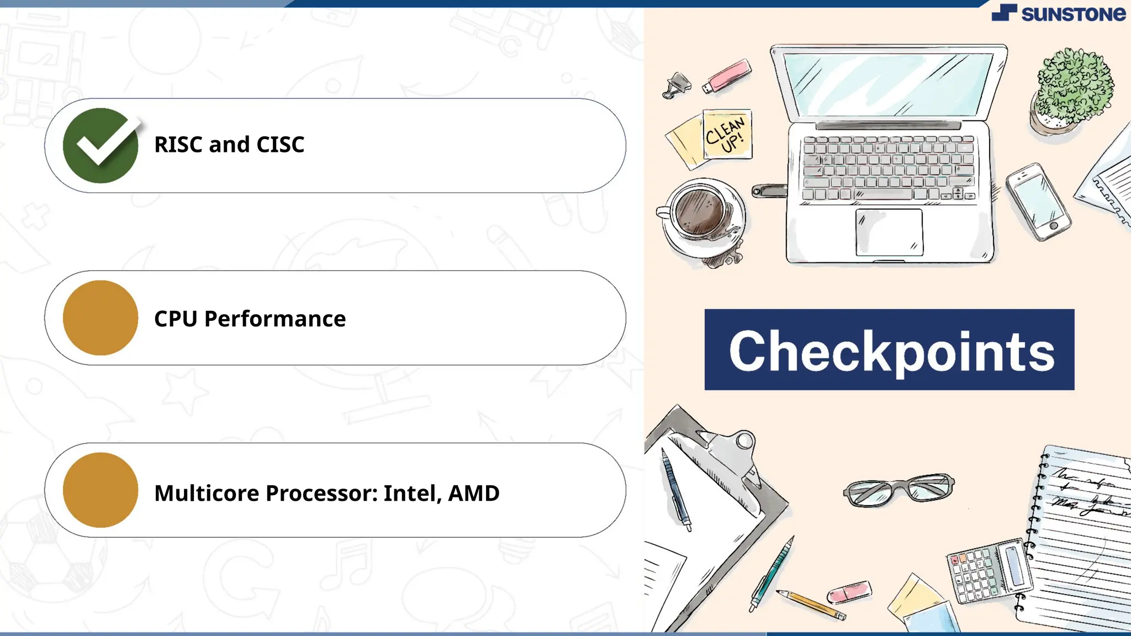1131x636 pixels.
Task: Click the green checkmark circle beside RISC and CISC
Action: [101, 145]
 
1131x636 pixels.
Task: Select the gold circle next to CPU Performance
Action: [101, 318]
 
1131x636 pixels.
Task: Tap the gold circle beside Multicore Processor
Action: [101, 490]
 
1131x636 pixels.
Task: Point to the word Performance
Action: [274, 319]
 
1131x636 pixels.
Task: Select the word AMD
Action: [473, 493]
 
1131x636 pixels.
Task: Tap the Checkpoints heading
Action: [889, 350]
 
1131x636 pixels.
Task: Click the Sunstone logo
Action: [1058, 13]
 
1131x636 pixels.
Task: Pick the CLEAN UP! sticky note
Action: [727, 134]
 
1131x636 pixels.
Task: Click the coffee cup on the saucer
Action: [700, 213]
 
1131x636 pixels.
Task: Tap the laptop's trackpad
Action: [889, 232]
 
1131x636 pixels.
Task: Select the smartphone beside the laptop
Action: [1038, 202]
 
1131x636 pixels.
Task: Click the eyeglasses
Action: [899, 489]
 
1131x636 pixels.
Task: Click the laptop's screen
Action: [888, 84]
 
